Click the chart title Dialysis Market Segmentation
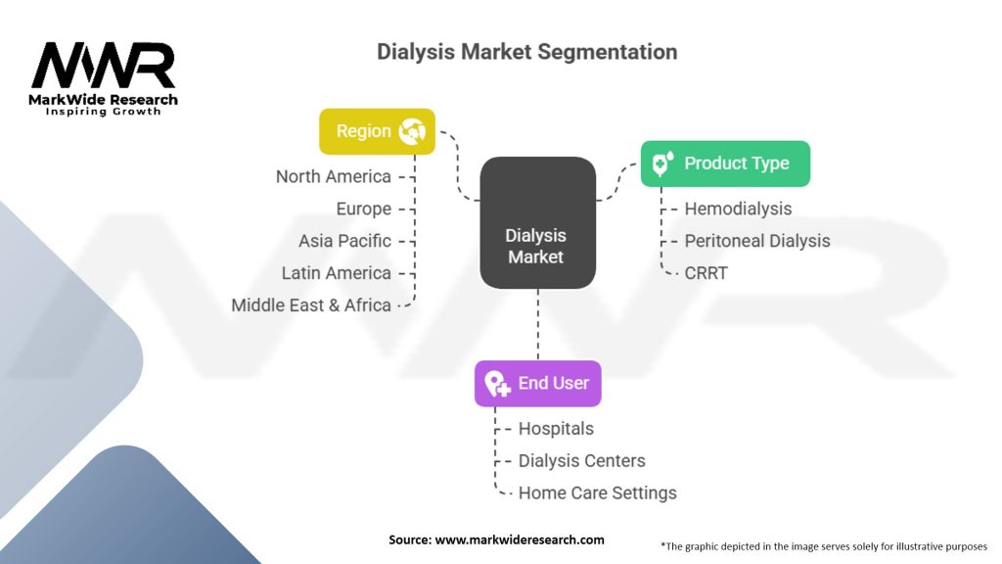(526, 52)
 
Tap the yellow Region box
(377, 131)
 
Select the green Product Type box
(725, 164)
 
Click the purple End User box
(537, 384)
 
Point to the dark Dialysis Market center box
(537, 222)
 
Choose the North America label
(333, 176)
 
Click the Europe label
(364, 210)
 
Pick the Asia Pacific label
(344, 241)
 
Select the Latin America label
(337, 273)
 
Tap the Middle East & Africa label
(310, 305)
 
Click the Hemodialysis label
(738, 210)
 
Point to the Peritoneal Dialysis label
(757, 241)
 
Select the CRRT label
(706, 273)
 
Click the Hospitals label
(556, 429)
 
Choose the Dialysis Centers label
(581, 460)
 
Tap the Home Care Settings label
(598, 493)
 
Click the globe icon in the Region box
(412, 131)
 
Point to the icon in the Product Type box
(662, 164)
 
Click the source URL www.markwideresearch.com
(520, 540)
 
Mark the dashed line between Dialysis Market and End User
(537, 324)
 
